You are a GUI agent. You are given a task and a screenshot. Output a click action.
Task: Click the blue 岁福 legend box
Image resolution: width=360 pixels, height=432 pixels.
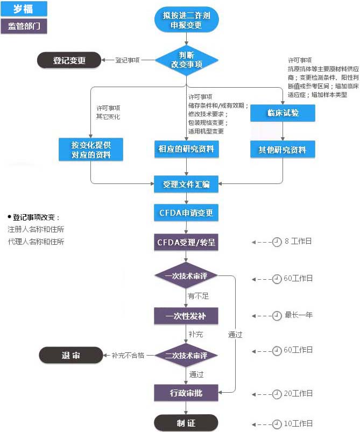[x=24, y=9]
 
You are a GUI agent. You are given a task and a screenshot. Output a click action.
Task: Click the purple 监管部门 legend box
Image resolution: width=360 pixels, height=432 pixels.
[x=24, y=26]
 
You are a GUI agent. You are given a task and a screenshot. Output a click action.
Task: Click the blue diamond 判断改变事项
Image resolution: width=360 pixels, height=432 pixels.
[x=186, y=60]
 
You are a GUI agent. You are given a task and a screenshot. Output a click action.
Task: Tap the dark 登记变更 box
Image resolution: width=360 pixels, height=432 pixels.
[x=69, y=60]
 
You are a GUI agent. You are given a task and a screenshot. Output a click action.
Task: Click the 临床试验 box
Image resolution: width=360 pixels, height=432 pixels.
[x=283, y=113]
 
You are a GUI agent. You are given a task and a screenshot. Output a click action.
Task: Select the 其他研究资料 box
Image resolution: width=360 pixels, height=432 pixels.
[x=283, y=150]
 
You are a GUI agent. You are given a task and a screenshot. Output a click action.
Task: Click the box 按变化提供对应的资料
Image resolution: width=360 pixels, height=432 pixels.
[x=90, y=150]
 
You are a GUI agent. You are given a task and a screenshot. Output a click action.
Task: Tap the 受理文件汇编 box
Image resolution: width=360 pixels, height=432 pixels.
[x=186, y=184]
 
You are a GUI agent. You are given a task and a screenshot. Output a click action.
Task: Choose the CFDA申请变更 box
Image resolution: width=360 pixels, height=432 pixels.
[x=186, y=213]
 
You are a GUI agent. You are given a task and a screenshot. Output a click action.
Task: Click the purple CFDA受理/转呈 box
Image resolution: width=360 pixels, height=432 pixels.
[x=186, y=242]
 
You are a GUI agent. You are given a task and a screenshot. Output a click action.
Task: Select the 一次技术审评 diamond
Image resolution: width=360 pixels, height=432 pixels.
[x=186, y=276]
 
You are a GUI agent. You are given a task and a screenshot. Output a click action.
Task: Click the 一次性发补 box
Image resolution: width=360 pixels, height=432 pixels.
[x=186, y=315]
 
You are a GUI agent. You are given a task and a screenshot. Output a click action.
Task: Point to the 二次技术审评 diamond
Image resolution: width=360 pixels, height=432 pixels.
[x=186, y=355]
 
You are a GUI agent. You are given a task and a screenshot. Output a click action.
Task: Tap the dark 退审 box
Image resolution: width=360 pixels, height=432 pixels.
[x=70, y=355]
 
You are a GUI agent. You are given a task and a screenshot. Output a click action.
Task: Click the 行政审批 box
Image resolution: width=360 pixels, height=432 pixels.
[x=186, y=393]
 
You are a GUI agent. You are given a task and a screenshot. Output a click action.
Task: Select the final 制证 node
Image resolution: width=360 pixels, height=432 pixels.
[x=186, y=423]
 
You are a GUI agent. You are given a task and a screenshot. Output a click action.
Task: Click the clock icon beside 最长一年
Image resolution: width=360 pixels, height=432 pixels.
[x=277, y=315]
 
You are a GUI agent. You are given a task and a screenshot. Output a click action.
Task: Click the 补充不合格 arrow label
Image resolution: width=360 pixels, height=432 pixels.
[x=130, y=356]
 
